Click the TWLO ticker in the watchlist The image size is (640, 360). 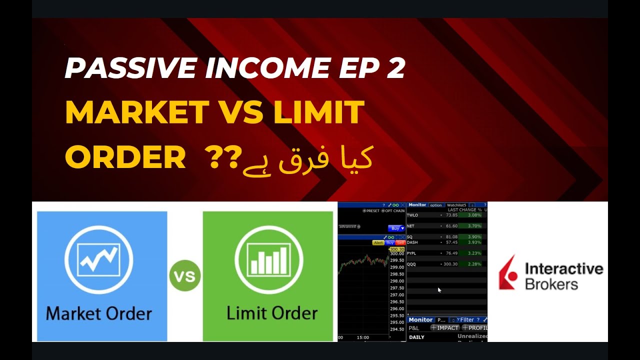click(412, 215)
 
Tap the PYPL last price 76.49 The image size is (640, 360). click(451, 253)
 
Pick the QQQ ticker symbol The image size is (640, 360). click(412, 264)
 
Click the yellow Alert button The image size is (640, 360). click(378, 242)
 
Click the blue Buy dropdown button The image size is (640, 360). click(396, 228)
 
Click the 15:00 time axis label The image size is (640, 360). click(363, 337)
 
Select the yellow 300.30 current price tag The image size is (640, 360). click(396, 249)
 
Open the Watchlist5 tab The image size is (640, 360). click(456, 205)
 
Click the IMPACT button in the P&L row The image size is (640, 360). click(444, 328)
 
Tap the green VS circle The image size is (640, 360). click(185, 276)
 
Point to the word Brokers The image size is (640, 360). click(551, 284)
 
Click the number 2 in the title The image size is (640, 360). click(395, 68)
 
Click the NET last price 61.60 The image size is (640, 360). click(451, 226)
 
